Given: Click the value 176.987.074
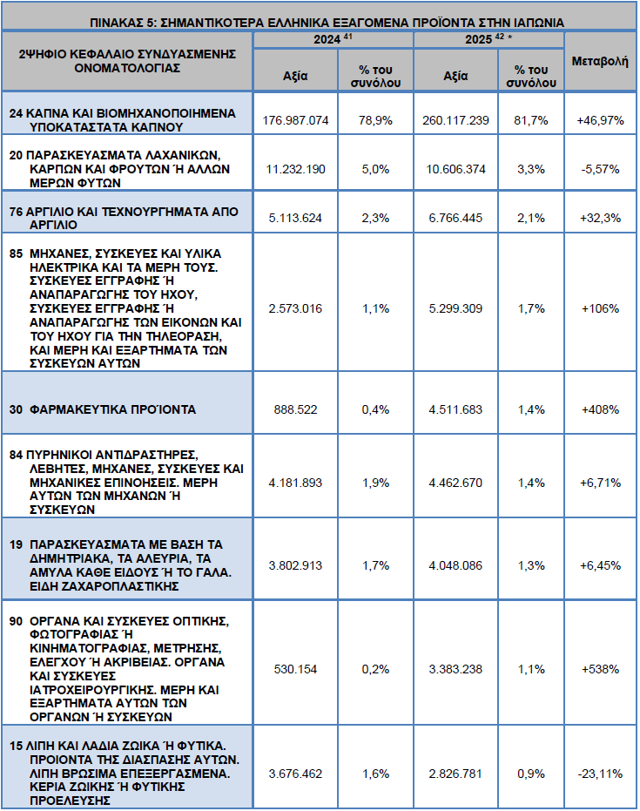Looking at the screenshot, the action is (295, 120).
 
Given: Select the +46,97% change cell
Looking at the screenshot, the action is (600, 120).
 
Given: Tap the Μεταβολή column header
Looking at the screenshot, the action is (600, 61).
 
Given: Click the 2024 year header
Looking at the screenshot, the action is (327, 39).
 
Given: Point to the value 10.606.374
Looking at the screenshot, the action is (455, 169).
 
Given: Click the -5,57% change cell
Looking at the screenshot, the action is (600, 169).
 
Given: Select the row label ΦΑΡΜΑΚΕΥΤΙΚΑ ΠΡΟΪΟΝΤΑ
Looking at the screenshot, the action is (112, 409).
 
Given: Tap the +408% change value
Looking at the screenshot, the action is (600, 409).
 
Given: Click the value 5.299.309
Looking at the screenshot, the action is (455, 308).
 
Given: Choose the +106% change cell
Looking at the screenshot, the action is (600, 308).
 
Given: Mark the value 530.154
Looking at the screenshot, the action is (295, 669).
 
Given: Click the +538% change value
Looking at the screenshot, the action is (600, 669).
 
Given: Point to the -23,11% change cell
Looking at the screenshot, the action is (600, 774).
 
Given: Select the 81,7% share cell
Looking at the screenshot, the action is (531, 120).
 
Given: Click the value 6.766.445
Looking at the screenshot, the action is (455, 219).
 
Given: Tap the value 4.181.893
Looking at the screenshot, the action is (295, 483).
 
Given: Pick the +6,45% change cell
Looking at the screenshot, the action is (600, 566).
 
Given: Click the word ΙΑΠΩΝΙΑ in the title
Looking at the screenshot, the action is (539, 23).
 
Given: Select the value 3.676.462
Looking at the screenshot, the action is (295, 774).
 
